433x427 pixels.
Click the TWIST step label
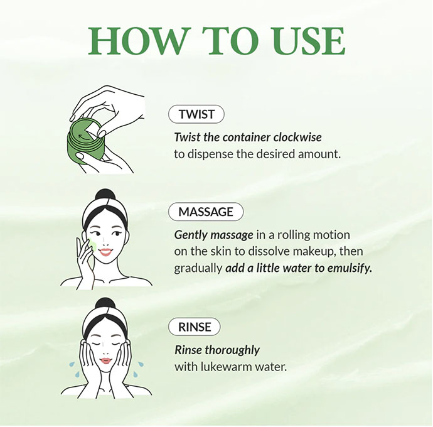click(x=196, y=114)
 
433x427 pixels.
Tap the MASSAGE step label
click(x=206, y=212)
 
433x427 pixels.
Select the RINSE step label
click(x=195, y=327)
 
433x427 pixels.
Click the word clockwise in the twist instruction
click(x=297, y=138)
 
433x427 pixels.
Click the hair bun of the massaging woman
click(x=105, y=196)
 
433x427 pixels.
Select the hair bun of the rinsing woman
click(x=105, y=305)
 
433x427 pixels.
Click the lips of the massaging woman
click(x=105, y=252)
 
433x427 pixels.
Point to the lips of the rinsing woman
click(x=105, y=361)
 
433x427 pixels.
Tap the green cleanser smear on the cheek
click(x=93, y=246)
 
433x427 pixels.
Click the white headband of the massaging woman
click(x=105, y=210)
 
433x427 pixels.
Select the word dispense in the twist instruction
click(x=210, y=154)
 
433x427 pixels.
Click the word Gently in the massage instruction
click(x=191, y=235)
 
